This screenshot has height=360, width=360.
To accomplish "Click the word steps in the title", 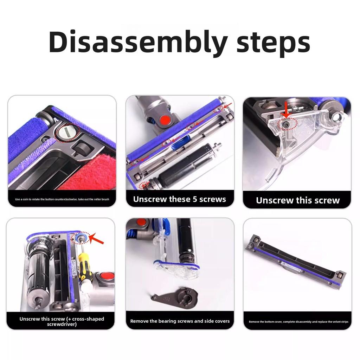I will point(273,42).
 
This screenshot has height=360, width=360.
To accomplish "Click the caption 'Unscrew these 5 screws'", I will point(179,199).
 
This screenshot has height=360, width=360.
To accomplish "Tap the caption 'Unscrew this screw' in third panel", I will point(297,200).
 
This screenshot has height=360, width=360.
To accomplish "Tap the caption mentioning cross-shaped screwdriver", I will point(62,321).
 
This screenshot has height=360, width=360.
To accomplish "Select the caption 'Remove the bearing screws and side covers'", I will point(180,321).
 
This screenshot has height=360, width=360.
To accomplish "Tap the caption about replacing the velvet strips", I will point(298,322).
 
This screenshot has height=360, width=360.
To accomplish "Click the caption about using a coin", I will point(62,199).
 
